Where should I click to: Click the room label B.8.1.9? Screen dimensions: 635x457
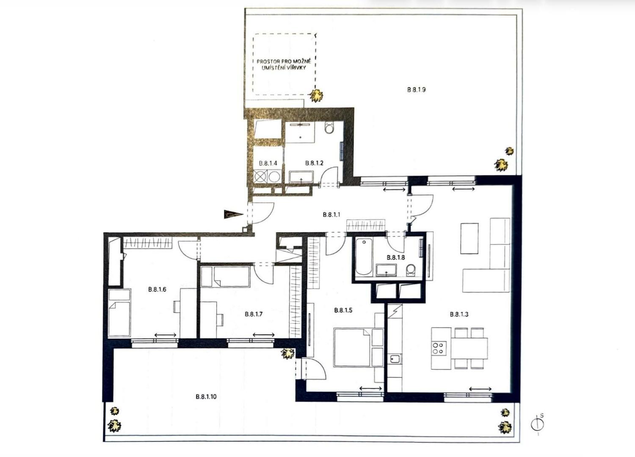click(417, 90)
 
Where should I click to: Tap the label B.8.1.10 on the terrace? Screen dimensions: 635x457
click(206, 396)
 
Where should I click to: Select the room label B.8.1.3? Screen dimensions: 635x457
click(459, 314)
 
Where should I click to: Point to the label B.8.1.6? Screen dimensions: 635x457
click(157, 289)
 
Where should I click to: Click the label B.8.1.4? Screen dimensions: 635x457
click(268, 163)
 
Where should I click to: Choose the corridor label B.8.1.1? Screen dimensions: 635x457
click(331, 215)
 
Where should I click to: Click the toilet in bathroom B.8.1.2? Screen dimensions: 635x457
click(329, 128)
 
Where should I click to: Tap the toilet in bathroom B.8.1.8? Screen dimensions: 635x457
click(411, 269)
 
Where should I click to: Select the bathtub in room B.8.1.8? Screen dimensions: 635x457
click(364, 257)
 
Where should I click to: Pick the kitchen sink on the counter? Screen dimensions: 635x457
click(395, 359)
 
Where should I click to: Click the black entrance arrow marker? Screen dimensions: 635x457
click(233, 214)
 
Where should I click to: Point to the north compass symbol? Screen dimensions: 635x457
click(538, 424)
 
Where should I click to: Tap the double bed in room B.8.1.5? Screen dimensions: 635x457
click(352, 347)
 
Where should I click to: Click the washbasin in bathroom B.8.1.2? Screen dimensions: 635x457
click(301, 177)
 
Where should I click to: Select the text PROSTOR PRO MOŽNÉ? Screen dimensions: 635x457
click(284, 61)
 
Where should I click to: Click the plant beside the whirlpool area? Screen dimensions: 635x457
click(316, 96)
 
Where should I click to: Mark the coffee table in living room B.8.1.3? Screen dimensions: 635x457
click(469, 238)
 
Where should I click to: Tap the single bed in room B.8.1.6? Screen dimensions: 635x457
click(119, 313)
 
